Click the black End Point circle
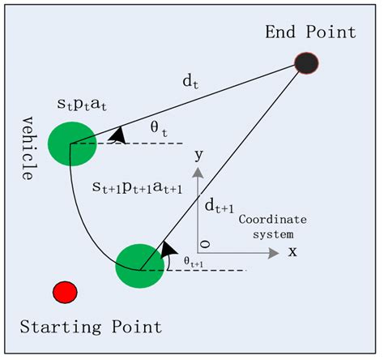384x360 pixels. pyautogui.click(x=305, y=62)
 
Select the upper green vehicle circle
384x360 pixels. pyautogui.click(x=72, y=144)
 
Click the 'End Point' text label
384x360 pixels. pyautogui.click(x=311, y=32)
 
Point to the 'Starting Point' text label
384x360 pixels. pyautogui.click(x=91, y=327)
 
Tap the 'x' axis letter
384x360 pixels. pyautogui.click(x=292, y=251)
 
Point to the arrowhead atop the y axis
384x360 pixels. pyautogui.click(x=196, y=173)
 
